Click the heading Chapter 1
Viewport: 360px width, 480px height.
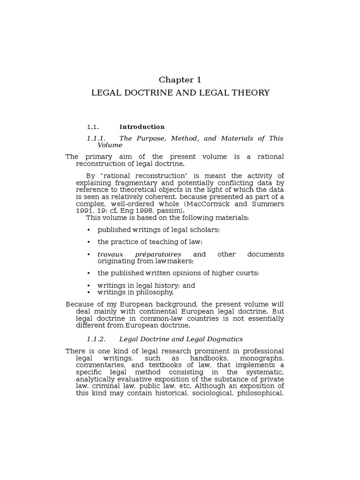tap(180, 80)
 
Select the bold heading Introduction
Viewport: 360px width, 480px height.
tap(142, 127)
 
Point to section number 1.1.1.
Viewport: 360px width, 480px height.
tap(97, 138)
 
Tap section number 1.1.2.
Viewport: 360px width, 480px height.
tap(97, 339)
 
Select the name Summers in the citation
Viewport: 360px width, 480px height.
tap(267, 204)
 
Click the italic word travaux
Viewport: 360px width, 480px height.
tap(110, 254)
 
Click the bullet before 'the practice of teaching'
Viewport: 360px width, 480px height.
tap(89, 242)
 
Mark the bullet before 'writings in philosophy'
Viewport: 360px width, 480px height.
tap(89, 292)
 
